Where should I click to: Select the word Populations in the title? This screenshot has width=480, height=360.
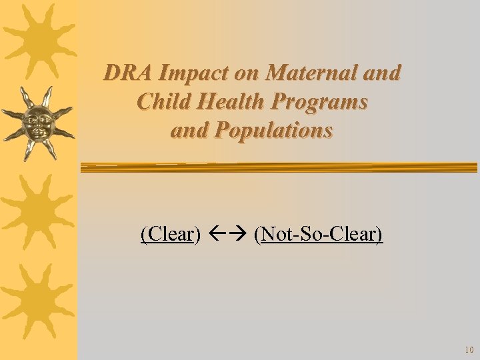click(273, 130)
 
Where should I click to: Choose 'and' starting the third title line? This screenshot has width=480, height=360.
click(189, 130)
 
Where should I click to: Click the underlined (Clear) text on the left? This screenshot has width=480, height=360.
click(171, 234)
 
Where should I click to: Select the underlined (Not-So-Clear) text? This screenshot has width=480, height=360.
click(319, 234)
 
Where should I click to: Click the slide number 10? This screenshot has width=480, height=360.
click(469, 350)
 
